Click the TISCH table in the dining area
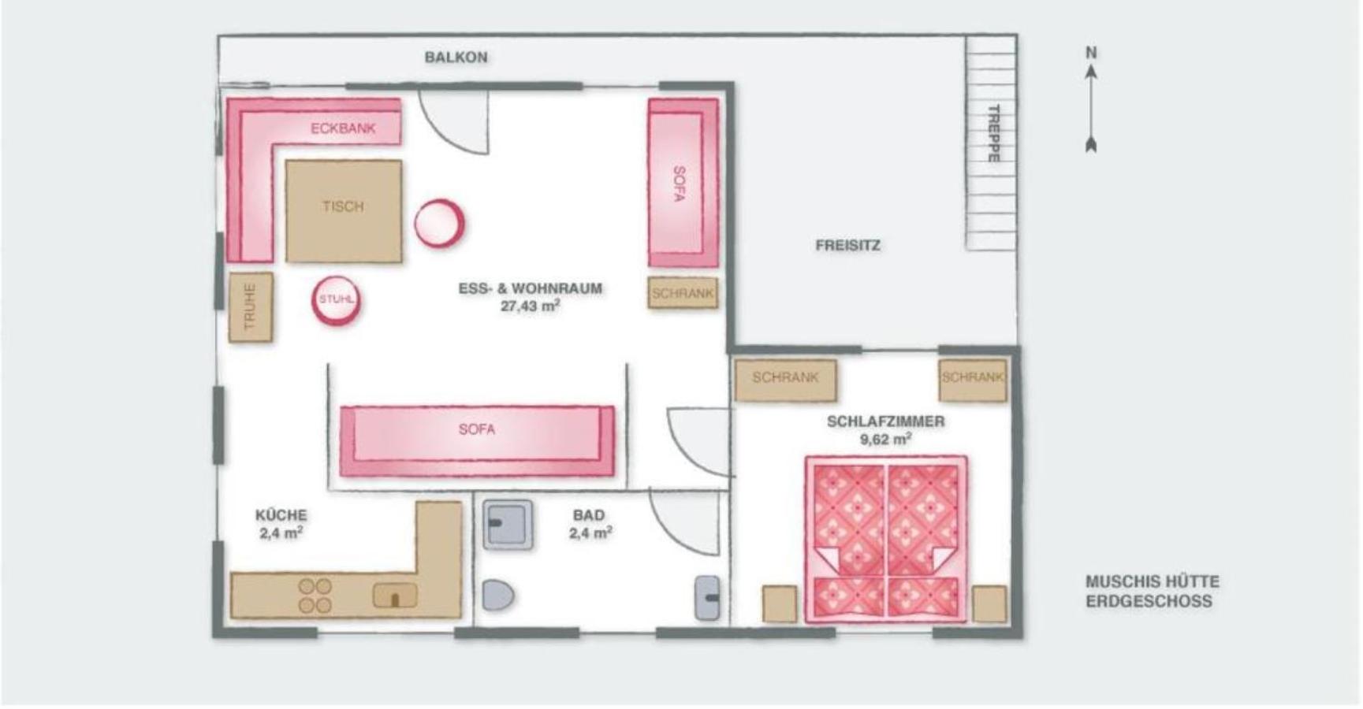344,211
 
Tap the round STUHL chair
337,300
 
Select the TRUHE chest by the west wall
251,307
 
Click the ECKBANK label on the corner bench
343,128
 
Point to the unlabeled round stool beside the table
439,223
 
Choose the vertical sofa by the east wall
683,183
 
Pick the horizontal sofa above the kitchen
477,441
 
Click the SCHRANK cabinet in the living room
683,292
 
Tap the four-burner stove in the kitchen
315,596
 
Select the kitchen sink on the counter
395,596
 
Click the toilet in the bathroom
497,596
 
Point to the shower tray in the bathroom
508,524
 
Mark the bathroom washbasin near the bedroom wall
707,598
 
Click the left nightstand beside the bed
780,604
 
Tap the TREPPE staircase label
993,133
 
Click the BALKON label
456,58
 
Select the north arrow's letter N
1091,53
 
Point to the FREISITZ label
848,246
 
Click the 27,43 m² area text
531,306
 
